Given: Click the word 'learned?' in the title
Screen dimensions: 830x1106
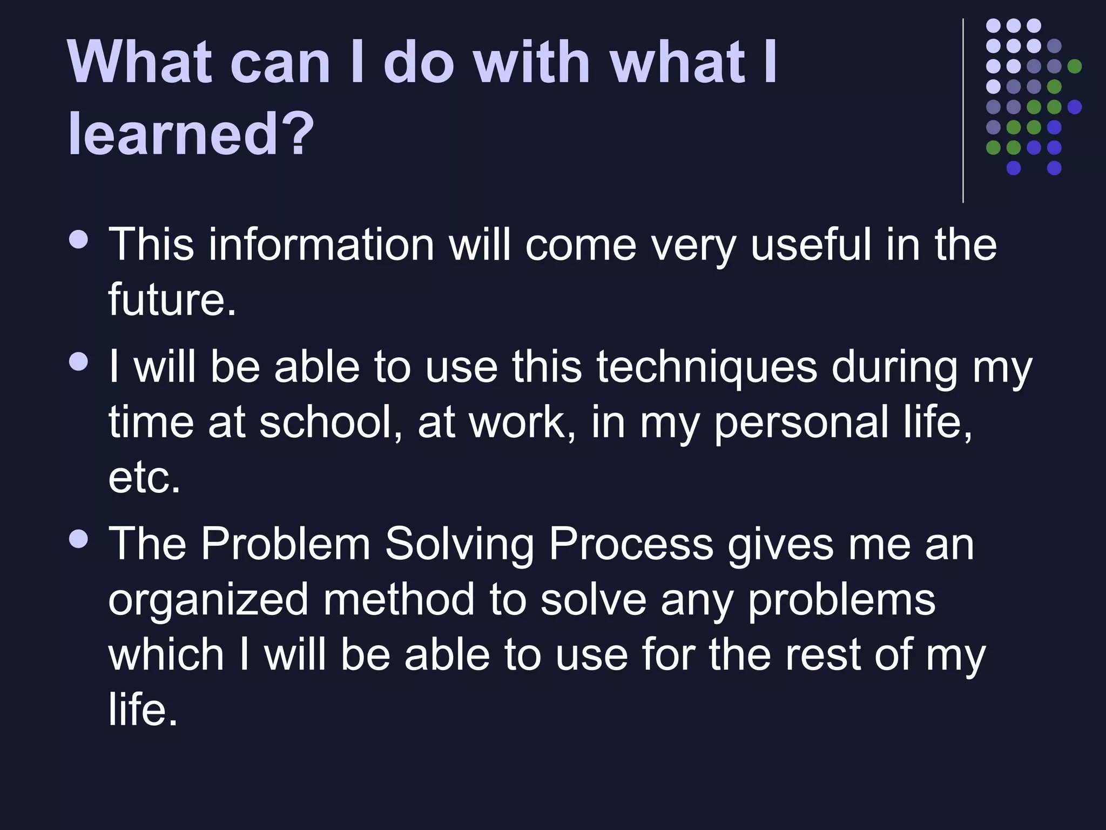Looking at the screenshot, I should (x=191, y=133).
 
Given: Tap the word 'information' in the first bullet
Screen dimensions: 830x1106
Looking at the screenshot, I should (x=321, y=245).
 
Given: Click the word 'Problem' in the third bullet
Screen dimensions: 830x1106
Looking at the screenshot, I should (x=286, y=544).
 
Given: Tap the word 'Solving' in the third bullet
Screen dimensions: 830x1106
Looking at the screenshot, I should (x=459, y=544).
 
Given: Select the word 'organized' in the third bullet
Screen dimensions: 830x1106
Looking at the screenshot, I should (x=208, y=600).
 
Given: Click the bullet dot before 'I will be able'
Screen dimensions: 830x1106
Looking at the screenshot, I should (x=79, y=362).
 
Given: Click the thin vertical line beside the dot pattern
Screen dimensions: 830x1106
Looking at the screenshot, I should (x=963, y=111).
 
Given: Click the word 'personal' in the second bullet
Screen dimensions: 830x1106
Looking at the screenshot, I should (x=802, y=423).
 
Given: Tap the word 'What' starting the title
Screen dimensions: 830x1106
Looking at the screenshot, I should (x=139, y=62).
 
